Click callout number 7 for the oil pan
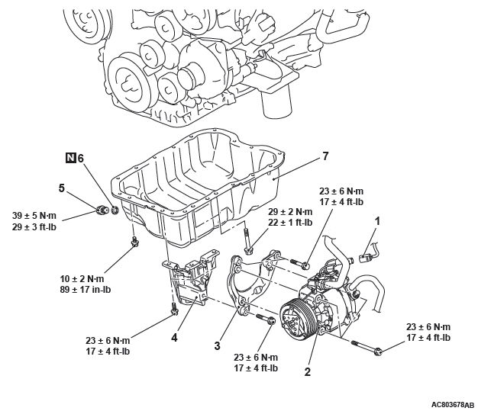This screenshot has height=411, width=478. coord(325,156)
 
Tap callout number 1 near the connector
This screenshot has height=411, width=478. coord(377,220)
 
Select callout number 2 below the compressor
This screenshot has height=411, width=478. coord(308,373)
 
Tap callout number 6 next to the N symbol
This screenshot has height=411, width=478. coord(81,159)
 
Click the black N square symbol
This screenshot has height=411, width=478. coord(69,159)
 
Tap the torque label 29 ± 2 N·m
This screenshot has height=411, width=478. coord(289,211)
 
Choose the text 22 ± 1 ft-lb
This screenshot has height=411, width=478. coord(289,223)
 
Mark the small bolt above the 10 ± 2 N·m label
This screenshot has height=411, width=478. coord(135,243)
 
